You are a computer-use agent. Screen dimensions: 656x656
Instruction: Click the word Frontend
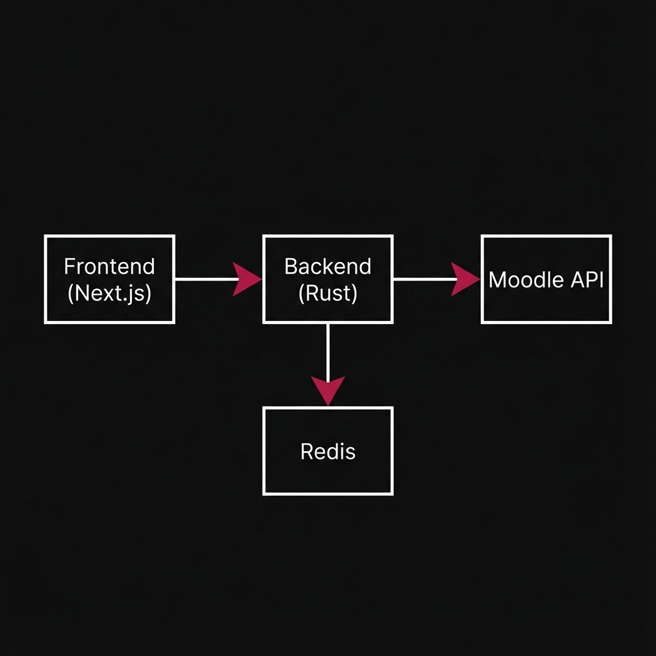tap(110, 266)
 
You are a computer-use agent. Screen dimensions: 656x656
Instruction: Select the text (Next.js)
tap(110, 293)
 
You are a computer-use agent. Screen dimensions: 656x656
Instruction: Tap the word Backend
tap(327, 266)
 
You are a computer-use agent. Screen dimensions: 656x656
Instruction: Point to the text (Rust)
tap(327, 293)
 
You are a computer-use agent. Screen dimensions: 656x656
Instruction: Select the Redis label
tap(327, 452)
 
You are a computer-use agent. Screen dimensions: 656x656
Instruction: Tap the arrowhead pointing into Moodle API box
tap(465, 279)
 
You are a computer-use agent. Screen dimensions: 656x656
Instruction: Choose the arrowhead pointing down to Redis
tap(328, 389)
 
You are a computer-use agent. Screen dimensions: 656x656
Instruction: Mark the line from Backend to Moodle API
tap(423, 279)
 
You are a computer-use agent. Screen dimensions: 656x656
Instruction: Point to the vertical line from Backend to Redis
tap(328, 349)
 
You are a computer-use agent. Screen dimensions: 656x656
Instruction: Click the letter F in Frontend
tap(69, 266)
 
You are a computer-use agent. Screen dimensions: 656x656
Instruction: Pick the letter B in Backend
tap(290, 266)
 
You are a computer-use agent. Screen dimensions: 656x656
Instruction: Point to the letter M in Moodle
tap(496, 280)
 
